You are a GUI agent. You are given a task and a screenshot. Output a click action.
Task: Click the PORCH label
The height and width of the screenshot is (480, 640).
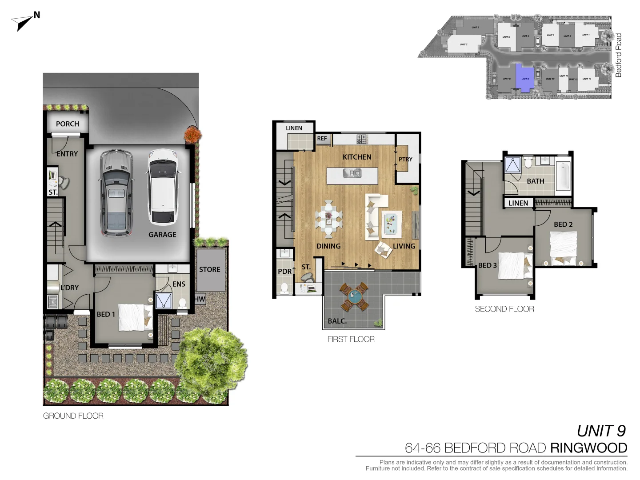68,124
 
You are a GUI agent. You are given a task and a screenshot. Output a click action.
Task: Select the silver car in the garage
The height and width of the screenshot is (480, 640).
116,192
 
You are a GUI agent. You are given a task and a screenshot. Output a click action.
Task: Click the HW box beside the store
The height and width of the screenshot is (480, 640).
200,299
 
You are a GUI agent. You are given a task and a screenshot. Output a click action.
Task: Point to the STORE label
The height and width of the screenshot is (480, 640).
209,269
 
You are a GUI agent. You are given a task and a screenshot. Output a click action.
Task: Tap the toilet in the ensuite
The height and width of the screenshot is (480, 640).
182,303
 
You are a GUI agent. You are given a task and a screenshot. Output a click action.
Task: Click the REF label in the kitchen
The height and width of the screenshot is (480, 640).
322,139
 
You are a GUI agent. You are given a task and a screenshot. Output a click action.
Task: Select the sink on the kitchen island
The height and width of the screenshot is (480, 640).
352,173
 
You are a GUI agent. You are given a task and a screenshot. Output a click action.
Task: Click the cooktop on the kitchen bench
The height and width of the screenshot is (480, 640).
362,139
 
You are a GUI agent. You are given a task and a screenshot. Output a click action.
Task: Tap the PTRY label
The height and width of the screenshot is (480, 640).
405,159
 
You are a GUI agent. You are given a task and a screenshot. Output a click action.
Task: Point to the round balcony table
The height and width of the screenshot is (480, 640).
354,297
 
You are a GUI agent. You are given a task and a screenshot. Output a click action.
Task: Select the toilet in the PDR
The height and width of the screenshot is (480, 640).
284,288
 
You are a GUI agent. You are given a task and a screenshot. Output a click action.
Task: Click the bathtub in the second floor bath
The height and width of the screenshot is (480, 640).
563,176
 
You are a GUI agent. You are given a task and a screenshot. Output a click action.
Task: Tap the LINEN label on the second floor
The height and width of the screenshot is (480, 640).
518,203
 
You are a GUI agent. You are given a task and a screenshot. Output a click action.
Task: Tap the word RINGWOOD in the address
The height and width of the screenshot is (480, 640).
588,448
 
